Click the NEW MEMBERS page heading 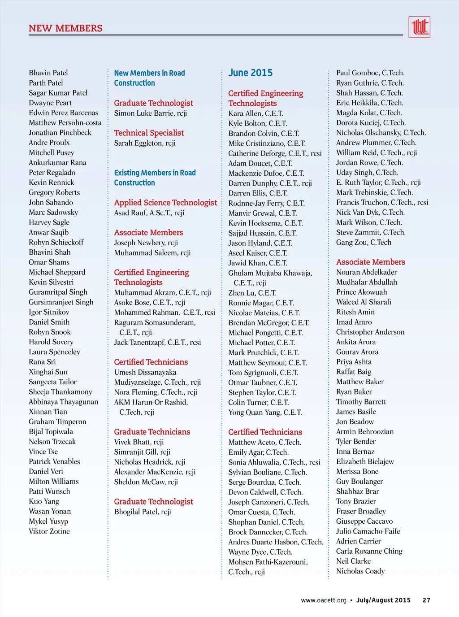point(65,28)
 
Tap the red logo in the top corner point(419,27)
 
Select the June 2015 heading point(250,73)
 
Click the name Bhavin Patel point(48,73)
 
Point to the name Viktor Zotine point(49,531)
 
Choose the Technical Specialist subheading point(149,133)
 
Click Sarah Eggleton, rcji point(145,143)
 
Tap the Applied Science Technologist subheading point(165,203)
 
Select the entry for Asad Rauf point(149,213)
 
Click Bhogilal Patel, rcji point(143,512)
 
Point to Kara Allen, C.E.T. point(255,113)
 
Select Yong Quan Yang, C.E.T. point(265,412)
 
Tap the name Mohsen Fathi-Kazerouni point(268,562)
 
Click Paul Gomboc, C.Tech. point(370,73)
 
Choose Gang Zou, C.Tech point(364,242)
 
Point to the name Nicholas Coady point(360,571)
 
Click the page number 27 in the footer point(426,600)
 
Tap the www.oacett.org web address point(324,600)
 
